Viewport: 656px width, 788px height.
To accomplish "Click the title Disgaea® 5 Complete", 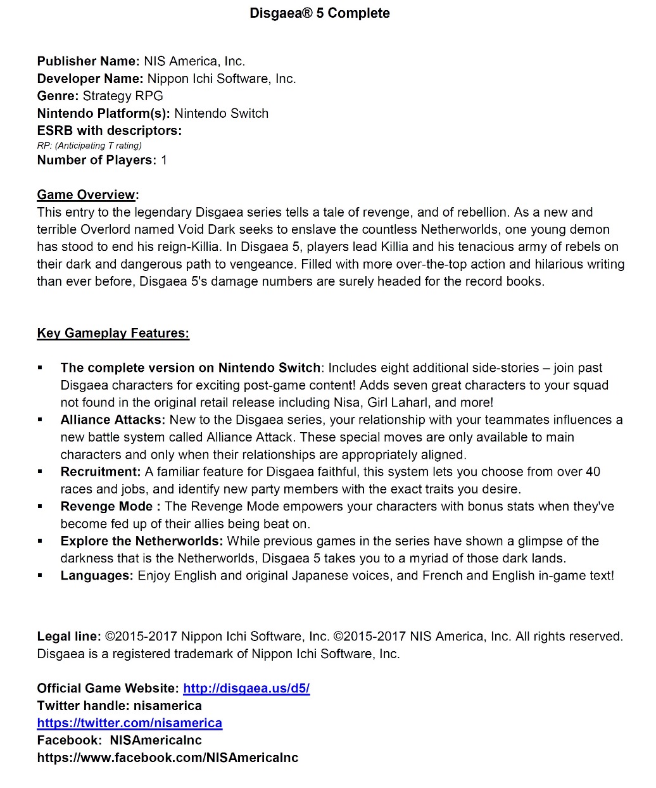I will coord(320,13).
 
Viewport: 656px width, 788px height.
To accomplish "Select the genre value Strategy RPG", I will coord(123,96).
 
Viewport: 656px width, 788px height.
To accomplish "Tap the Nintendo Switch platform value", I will coord(221,113).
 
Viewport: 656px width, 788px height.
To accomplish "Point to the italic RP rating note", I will coord(89,146).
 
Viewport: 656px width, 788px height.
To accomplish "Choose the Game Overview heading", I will coord(87,195).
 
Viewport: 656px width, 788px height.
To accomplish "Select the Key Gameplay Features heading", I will coord(113,333).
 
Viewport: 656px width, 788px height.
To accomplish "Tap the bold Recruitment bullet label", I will coord(101,472).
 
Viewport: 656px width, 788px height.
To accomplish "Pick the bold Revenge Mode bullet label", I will coord(110,507).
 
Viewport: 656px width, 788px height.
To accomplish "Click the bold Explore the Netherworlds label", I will coord(142,541).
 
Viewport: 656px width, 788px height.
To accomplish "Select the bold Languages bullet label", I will coord(97,576).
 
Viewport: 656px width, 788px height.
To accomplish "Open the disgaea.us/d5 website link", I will coord(246,689).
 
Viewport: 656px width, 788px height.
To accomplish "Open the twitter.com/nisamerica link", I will coord(129,723).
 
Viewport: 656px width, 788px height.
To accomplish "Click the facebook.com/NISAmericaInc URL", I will coord(167,758).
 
